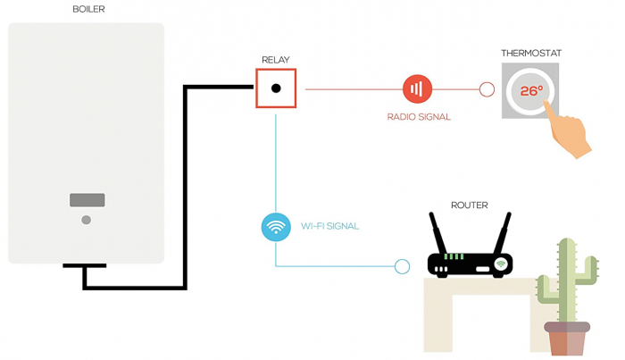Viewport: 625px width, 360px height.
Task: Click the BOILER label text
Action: point(87,10)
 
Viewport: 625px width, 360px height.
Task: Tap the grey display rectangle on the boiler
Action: point(87,200)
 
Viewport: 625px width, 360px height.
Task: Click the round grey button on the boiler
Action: point(87,220)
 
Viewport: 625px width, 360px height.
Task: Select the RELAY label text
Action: point(275,60)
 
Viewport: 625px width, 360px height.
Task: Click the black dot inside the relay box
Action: point(276,88)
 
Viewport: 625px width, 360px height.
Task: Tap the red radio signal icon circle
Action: point(417,88)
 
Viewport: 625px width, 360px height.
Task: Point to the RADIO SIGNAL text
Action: point(418,116)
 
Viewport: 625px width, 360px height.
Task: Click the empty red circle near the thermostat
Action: point(487,89)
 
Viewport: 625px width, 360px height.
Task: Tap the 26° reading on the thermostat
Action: point(531,91)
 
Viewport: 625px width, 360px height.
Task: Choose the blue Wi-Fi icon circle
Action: point(276,226)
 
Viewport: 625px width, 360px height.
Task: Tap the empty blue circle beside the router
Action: point(402,266)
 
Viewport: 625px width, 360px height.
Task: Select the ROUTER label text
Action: point(469,205)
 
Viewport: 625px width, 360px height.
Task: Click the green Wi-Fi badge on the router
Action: point(501,264)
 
